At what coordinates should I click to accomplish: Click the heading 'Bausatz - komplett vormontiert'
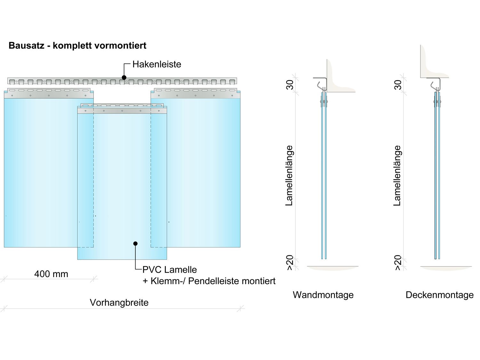tap(77, 45)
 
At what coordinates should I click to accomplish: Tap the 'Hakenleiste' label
tap(157, 64)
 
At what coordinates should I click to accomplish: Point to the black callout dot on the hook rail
tap(124, 77)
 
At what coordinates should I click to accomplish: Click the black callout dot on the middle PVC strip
tap(135, 244)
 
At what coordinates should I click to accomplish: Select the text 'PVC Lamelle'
tap(170, 270)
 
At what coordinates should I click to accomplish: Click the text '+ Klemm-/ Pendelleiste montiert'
tap(209, 281)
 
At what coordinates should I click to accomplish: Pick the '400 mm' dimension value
tap(51, 274)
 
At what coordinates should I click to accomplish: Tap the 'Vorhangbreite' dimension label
tap(119, 302)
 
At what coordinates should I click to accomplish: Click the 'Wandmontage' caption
tap(323, 295)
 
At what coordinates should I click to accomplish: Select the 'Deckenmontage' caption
tap(439, 295)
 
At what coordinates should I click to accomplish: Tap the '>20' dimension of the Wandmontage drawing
tap(290, 263)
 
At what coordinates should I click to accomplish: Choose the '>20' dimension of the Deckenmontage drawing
tap(397, 263)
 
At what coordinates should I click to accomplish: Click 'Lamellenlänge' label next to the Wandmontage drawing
tap(289, 175)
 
